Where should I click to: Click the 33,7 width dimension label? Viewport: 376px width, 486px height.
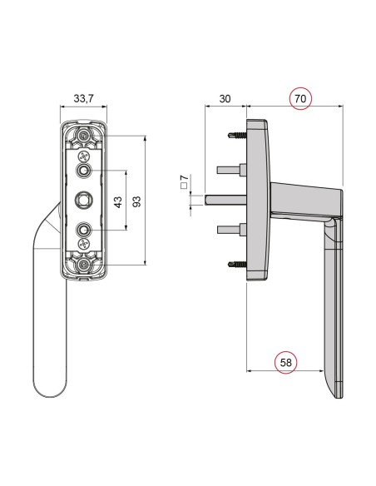(x=83, y=99)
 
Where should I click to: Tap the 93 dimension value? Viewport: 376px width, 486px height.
(x=136, y=200)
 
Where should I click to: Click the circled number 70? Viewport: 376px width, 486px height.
(x=302, y=98)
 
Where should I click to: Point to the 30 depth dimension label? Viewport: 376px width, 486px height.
(x=225, y=99)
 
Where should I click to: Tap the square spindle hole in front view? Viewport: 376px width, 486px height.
(x=83, y=200)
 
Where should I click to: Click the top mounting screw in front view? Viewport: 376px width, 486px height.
(x=84, y=136)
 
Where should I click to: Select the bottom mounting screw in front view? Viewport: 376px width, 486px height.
(x=84, y=264)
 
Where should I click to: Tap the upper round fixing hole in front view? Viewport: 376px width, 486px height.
(x=83, y=171)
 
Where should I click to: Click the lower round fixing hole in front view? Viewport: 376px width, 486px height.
(x=83, y=228)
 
